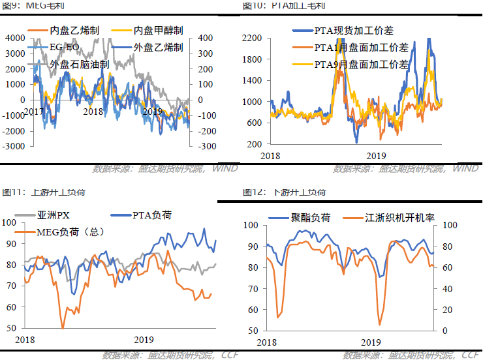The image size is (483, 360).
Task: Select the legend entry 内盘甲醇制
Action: tap(157, 30)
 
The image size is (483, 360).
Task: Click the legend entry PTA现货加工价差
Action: tap(354, 31)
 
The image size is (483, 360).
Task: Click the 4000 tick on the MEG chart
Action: tap(13, 38)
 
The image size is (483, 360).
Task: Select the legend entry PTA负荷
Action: tap(151, 215)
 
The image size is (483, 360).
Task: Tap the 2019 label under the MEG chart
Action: tap(151, 112)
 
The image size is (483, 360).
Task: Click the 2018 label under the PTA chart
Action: tap(270, 156)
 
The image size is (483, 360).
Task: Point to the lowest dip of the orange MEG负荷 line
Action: tap(63, 327)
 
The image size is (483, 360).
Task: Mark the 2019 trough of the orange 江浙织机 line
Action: tap(379, 324)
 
